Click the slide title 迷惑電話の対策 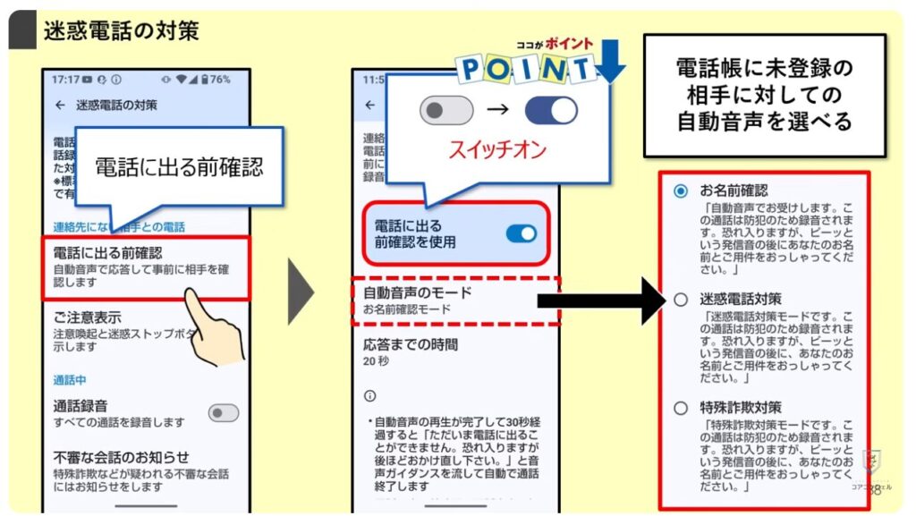pyautogui.click(x=121, y=31)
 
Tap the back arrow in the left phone pyautogui.click(x=60, y=105)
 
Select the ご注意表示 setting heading pyautogui.click(x=88, y=318)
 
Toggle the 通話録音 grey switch pyautogui.click(x=224, y=412)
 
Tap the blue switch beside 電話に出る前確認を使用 pyautogui.click(x=521, y=233)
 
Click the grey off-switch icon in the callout pyautogui.click(x=445, y=111)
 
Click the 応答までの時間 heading pyautogui.click(x=410, y=344)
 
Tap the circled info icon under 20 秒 pyautogui.click(x=370, y=395)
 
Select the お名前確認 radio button pyautogui.click(x=681, y=191)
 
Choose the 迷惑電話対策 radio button pyautogui.click(x=681, y=300)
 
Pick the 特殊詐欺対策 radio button pyautogui.click(x=681, y=408)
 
